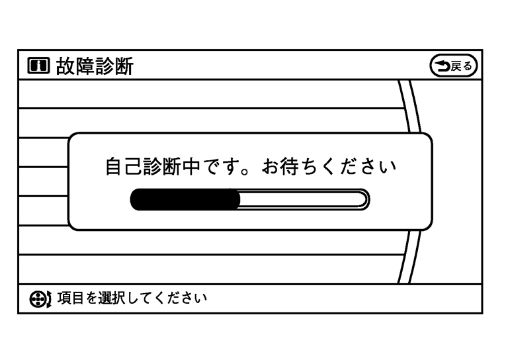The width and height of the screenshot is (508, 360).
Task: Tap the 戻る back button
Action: coord(453,66)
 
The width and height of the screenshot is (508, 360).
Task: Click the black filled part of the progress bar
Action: coord(185,199)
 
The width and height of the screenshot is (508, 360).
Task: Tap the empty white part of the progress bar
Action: coord(301,199)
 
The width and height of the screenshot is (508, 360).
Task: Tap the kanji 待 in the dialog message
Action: coord(293,167)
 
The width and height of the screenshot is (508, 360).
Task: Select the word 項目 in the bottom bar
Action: coord(64,298)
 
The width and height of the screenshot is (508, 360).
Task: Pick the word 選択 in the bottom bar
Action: coord(108,298)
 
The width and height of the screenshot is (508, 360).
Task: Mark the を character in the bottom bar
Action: coord(85,298)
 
